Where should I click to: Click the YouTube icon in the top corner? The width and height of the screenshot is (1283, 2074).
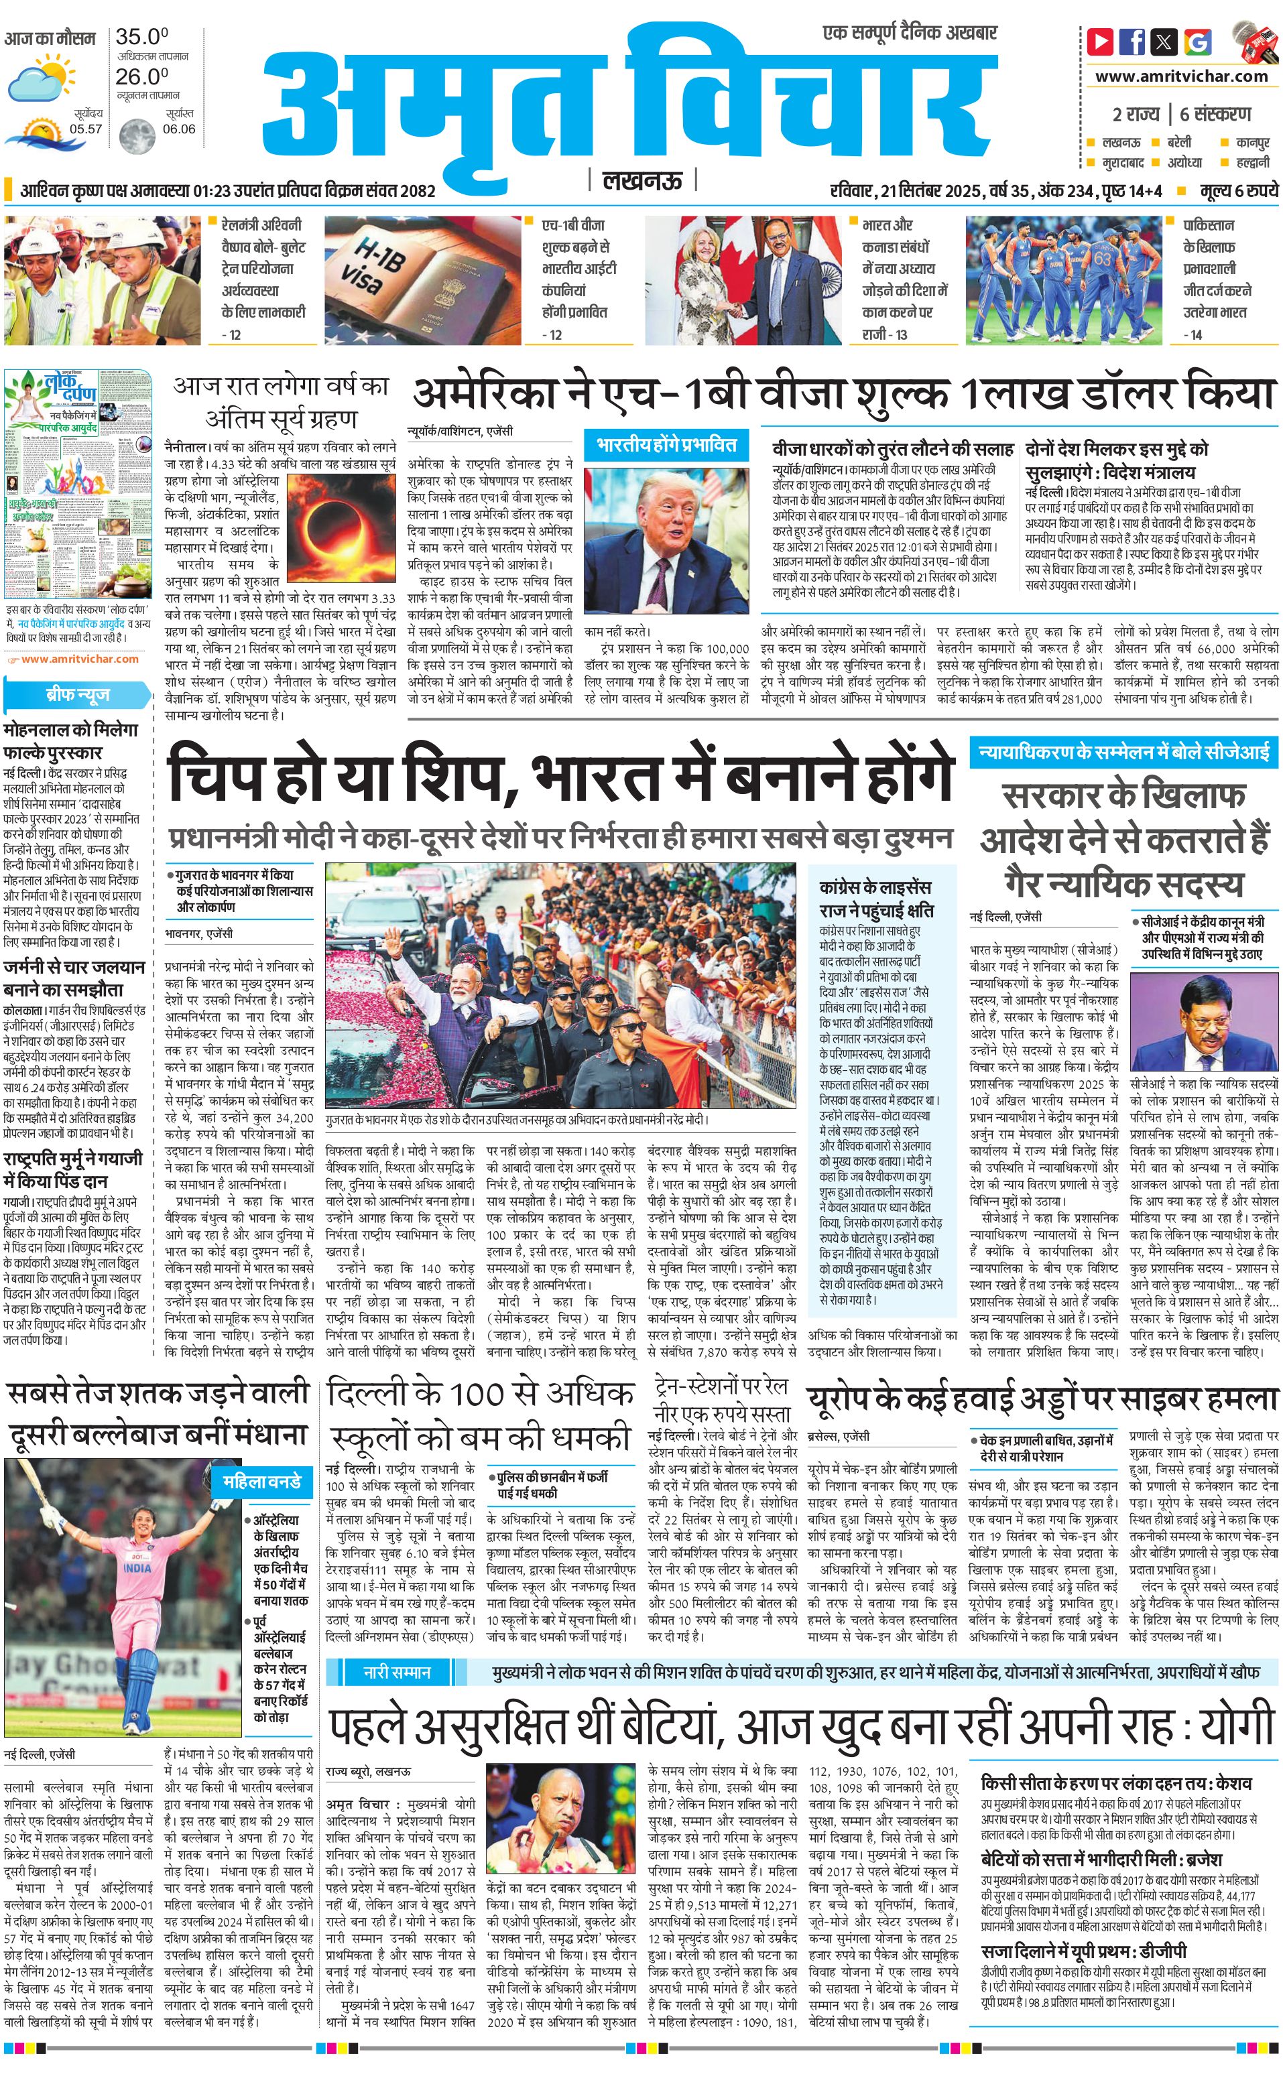[1101, 41]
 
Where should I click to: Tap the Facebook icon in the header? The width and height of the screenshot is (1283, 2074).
[1132, 41]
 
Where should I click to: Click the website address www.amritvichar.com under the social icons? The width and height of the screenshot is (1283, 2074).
[1181, 76]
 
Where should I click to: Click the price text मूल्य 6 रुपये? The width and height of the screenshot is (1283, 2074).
[1238, 191]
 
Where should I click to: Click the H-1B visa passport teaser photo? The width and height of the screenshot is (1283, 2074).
[422, 280]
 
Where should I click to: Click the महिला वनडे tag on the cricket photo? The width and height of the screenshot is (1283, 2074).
[261, 1482]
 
